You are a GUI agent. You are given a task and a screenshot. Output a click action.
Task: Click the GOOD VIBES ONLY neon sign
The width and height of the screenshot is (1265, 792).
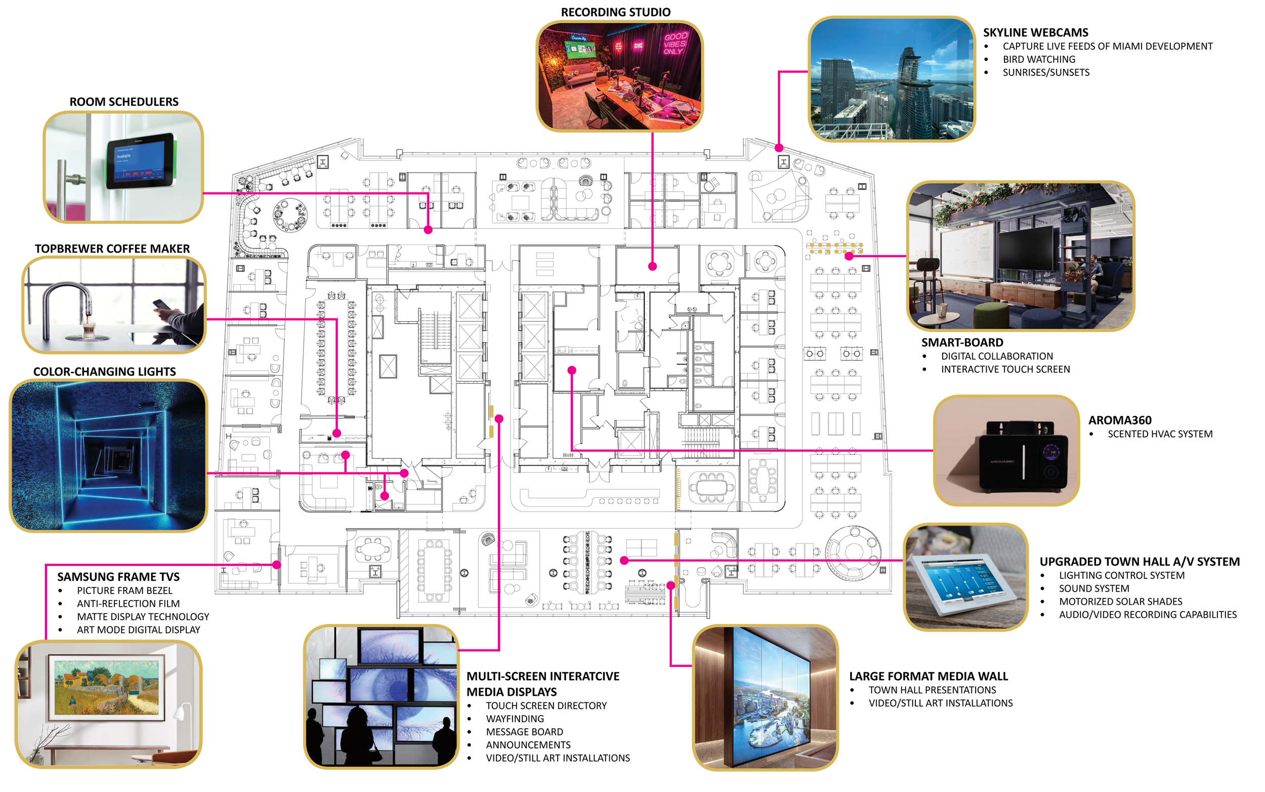(x=674, y=44)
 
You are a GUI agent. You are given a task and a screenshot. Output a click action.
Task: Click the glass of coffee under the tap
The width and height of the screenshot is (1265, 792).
(x=89, y=328)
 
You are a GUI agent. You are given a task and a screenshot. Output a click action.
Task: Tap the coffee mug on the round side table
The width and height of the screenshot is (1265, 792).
(x=942, y=310)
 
